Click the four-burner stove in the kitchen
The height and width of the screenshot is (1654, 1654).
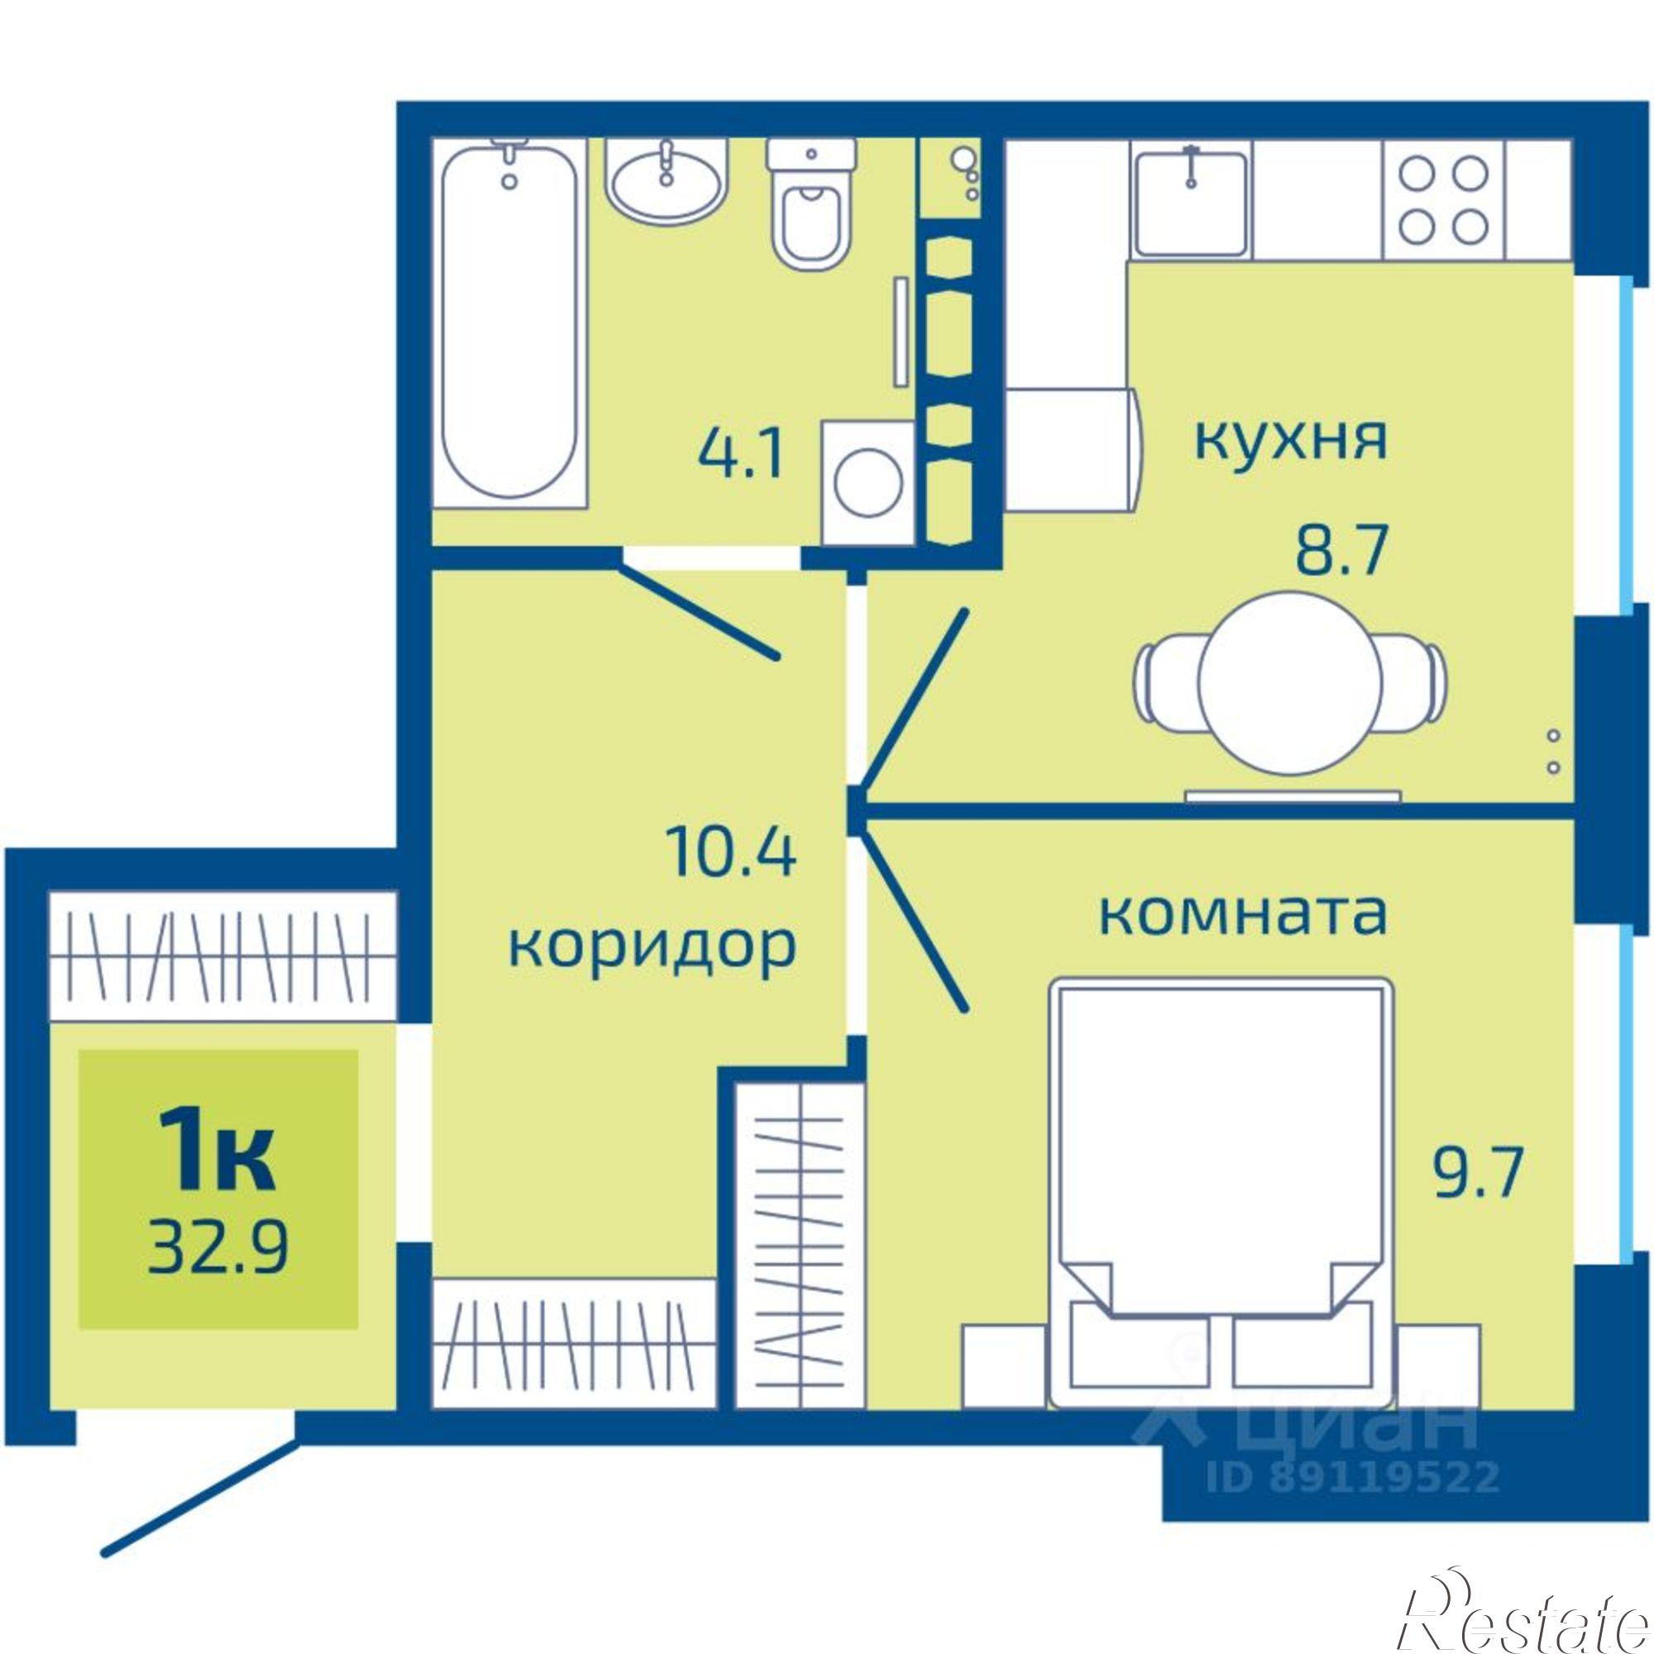tap(1443, 199)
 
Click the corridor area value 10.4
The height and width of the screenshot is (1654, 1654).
tap(733, 853)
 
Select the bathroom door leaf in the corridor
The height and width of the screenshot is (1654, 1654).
tap(699, 609)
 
